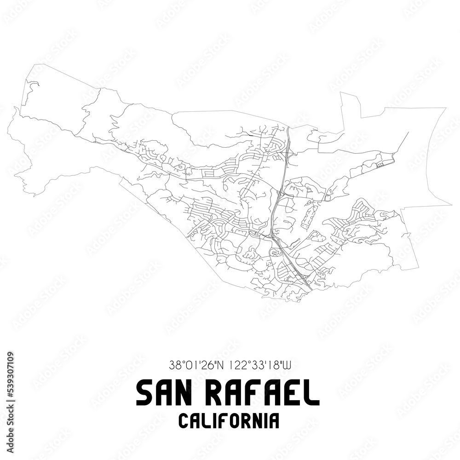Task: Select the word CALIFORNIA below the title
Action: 229,421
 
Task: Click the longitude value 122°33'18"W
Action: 259,366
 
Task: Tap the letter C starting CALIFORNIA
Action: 183,421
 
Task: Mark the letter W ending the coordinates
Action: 285,366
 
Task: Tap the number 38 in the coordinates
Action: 174,366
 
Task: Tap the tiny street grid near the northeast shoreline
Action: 380,165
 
